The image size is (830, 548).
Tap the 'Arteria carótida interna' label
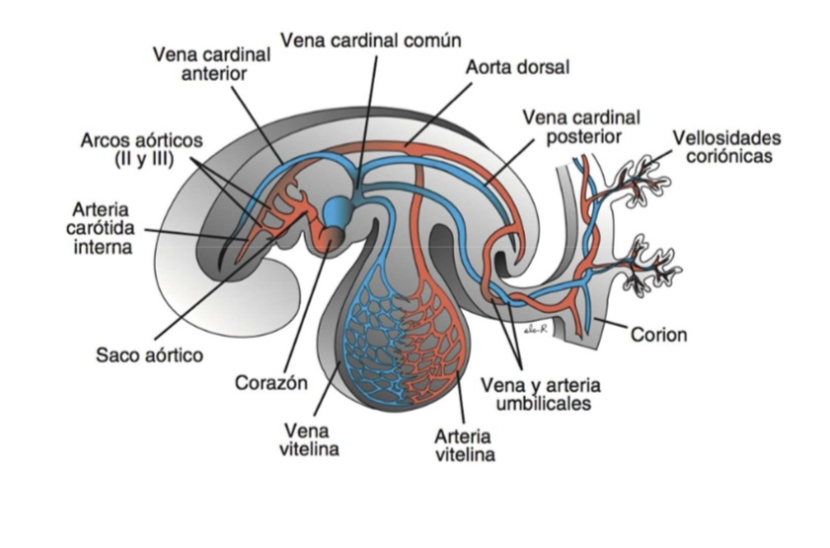tap(102, 228)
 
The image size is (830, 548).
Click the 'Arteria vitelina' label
tap(465, 444)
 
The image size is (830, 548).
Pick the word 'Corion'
tap(658, 335)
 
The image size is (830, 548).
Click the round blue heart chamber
tap(337, 210)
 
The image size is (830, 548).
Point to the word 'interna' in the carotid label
tap(102, 247)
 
